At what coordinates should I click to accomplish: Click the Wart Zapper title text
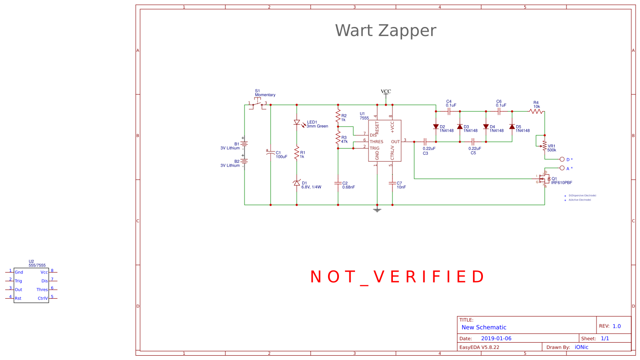coord(385,31)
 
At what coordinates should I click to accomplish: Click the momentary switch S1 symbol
coord(258,104)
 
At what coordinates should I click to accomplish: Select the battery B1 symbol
coord(245,144)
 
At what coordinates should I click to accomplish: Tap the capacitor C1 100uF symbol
coord(270,152)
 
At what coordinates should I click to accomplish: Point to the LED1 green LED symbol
coord(297,123)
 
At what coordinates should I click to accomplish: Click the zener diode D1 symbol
coord(297,183)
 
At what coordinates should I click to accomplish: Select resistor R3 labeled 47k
coord(338,138)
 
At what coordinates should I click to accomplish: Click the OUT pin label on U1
coord(395,142)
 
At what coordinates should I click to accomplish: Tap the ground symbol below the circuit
coord(377,210)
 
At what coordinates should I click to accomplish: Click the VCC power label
coord(386,92)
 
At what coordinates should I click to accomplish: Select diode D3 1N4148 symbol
coord(460,127)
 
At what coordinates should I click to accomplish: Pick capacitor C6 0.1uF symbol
coord(499,111)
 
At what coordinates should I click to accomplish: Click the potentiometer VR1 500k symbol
coord(544,146)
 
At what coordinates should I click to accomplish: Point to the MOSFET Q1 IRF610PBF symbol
coord(543,179)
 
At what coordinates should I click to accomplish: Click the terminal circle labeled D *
coord(562,160)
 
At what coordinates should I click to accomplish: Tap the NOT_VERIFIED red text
coord(397,277)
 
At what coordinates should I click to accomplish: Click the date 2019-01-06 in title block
coord(496,338)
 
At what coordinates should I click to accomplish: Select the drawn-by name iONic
coord(581,347)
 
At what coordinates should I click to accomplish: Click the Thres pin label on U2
coord(42,290)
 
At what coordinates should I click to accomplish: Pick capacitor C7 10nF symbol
coord(392,183)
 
